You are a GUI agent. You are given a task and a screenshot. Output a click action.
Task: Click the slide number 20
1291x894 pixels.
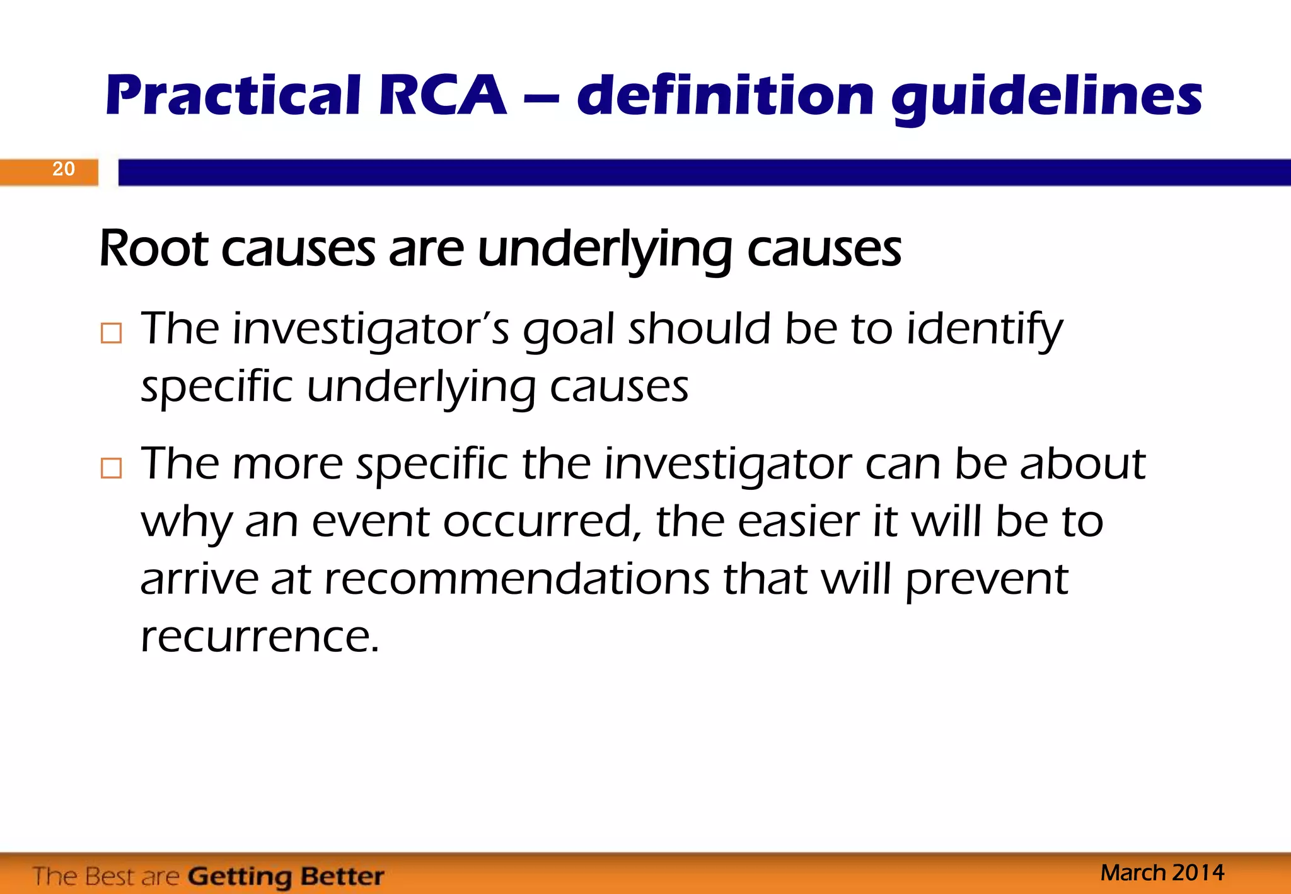(x=64, y=169)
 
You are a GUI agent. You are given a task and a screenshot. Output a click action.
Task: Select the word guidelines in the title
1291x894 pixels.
(x=1046, y=98)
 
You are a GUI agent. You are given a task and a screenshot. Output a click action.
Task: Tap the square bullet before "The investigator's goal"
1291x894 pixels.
(x=111, y=333)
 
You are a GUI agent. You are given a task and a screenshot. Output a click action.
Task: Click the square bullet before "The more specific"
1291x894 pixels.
(x=111, y=468)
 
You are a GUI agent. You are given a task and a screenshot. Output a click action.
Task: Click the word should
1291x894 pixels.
(x=699, y=329)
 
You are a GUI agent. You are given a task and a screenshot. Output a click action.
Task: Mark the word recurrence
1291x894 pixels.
(x=260, y=637)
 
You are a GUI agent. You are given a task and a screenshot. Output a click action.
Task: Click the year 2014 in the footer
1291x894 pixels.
(x=1198, y=873)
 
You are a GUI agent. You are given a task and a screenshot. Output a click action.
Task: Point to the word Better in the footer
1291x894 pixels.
(x=342, y=876)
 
